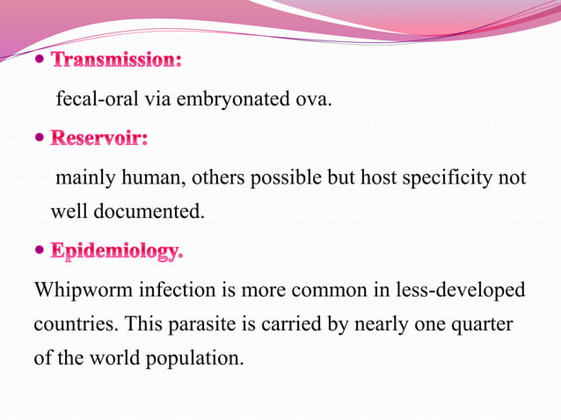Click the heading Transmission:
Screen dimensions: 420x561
[x=116, y=62]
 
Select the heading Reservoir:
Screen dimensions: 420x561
[x=99, y=139]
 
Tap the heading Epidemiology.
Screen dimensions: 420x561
[x=117, y=252]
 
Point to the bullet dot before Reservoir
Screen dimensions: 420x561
[x=40, y=139]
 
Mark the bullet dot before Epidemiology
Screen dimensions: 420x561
[x=40, y=252]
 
